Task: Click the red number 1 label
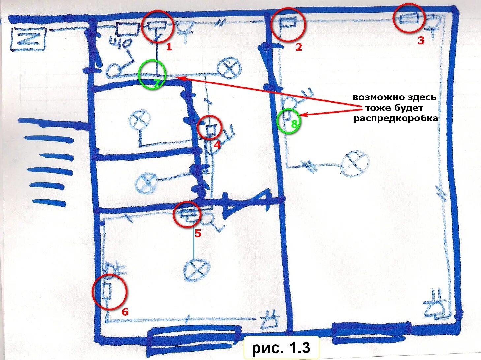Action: pos(169,47)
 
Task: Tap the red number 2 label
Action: pos(298,47)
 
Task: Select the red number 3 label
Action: pos(421,41)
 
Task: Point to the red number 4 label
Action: pos(217,145)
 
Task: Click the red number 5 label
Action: pos(198,233)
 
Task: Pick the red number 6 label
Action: pos(125,312)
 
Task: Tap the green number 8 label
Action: pos(294,124)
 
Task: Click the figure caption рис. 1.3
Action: pos(281,348)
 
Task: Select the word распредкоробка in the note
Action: pos(396,118)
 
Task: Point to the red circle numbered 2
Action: pos(288,24)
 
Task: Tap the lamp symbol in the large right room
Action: pos(354,164)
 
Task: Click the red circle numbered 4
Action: pos(210,128)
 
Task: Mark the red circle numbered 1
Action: pos(158,26)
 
